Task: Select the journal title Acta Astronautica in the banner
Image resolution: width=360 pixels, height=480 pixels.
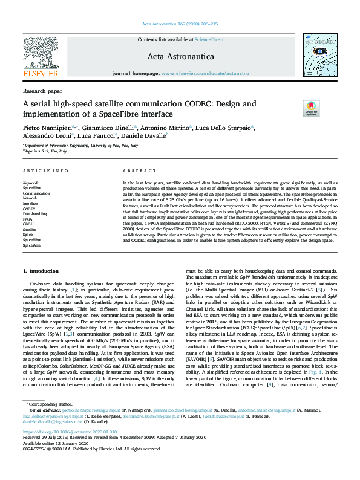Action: [180, 56]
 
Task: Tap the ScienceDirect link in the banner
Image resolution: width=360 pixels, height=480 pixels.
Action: [209, 39]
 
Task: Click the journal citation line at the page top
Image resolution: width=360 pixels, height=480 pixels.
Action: [180, 24]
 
